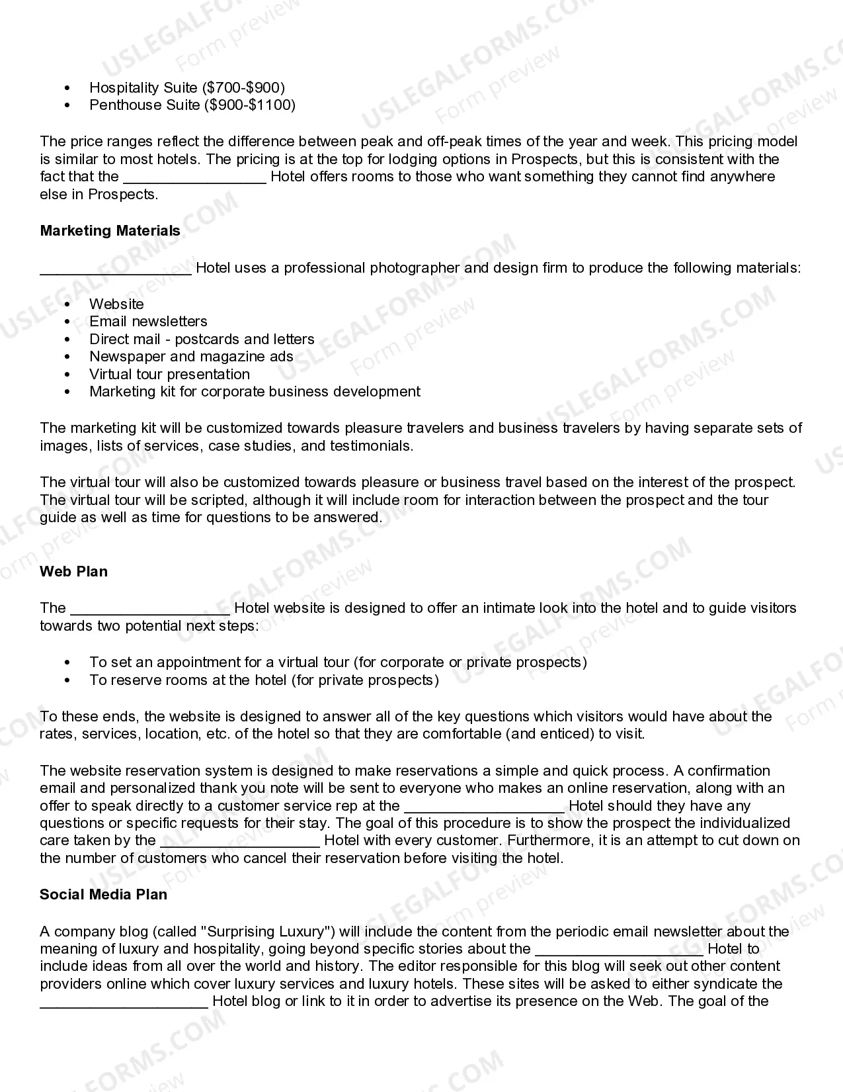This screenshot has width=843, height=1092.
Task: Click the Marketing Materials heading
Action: click(110, 231)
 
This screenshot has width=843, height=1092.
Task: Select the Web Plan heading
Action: click(73, 572)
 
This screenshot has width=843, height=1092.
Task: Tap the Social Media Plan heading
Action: click(103, 895)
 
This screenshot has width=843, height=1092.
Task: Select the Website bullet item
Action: click(116, 304)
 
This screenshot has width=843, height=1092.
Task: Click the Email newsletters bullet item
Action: click(148, 322)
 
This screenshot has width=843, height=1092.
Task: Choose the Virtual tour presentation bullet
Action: click(169, 375)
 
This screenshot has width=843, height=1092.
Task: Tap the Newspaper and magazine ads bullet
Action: click(191, 357)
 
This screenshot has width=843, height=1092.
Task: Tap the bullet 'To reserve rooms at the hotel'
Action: click(264, 680)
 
